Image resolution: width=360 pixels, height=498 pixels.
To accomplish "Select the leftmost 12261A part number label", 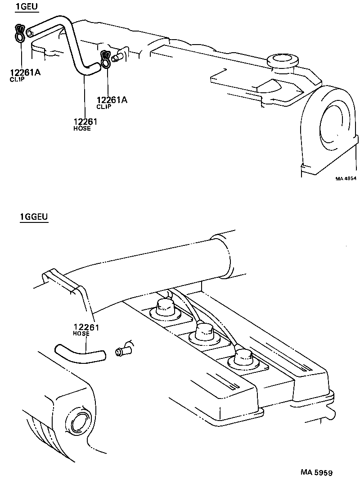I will click(x=25, y=72).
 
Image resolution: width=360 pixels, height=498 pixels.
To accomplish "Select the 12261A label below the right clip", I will click(x=112, y=100).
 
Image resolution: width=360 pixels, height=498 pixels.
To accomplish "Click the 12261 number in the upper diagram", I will click(x=85, y=121).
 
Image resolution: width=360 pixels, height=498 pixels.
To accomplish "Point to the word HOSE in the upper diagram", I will click(x=82, y=128).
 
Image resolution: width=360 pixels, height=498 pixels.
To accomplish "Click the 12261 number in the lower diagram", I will click(x=86, y=327).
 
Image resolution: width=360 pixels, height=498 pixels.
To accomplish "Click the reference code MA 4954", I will click(x=346, y=178).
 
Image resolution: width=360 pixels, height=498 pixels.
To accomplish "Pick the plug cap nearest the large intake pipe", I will click(x=166, y=308).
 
